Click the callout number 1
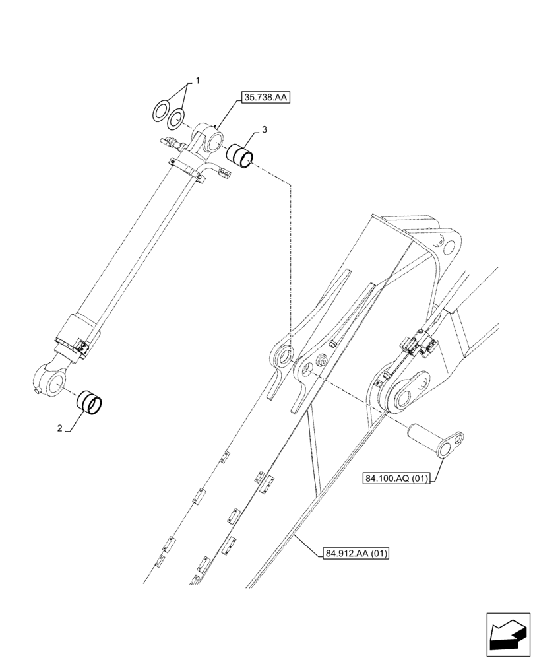[x=197, y=81]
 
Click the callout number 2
[x=59, y=428]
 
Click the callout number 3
[x=264, y=131]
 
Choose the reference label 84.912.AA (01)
[x=356, y=553]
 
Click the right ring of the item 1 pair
[x=176, y=119]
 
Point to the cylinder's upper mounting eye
[x=212, y=141]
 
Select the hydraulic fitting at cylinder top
[x=172, y=142]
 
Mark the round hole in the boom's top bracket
[x=450, y=247]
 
